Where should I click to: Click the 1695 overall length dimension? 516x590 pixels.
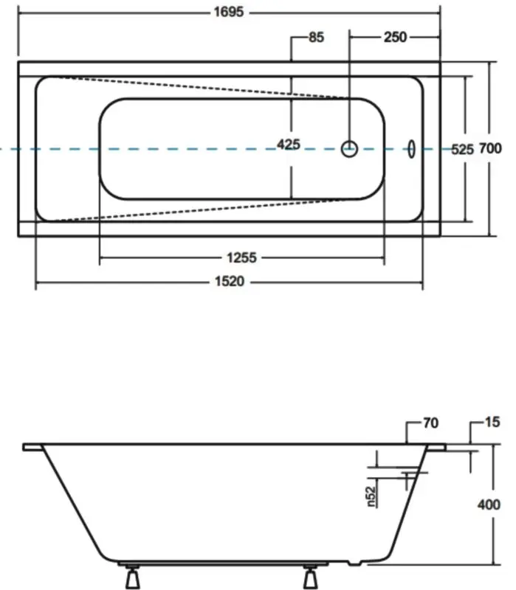click(230, 13)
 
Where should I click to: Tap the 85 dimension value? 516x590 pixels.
click(316, 38)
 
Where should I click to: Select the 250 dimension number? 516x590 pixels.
click(395, 38)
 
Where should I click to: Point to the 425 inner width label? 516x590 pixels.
click(289, 145)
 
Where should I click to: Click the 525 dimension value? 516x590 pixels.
click(461, 149)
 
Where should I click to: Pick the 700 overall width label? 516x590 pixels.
click(491, 149)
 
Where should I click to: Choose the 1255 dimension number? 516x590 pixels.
click(242, 257)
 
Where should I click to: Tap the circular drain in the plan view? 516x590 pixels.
click(349, 149)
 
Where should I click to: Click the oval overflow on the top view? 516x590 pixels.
click(410, 148)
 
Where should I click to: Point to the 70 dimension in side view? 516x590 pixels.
click(431, 423)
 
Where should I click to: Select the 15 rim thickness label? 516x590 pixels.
click(493, 423)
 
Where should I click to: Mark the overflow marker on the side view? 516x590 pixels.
click(407, 476)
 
